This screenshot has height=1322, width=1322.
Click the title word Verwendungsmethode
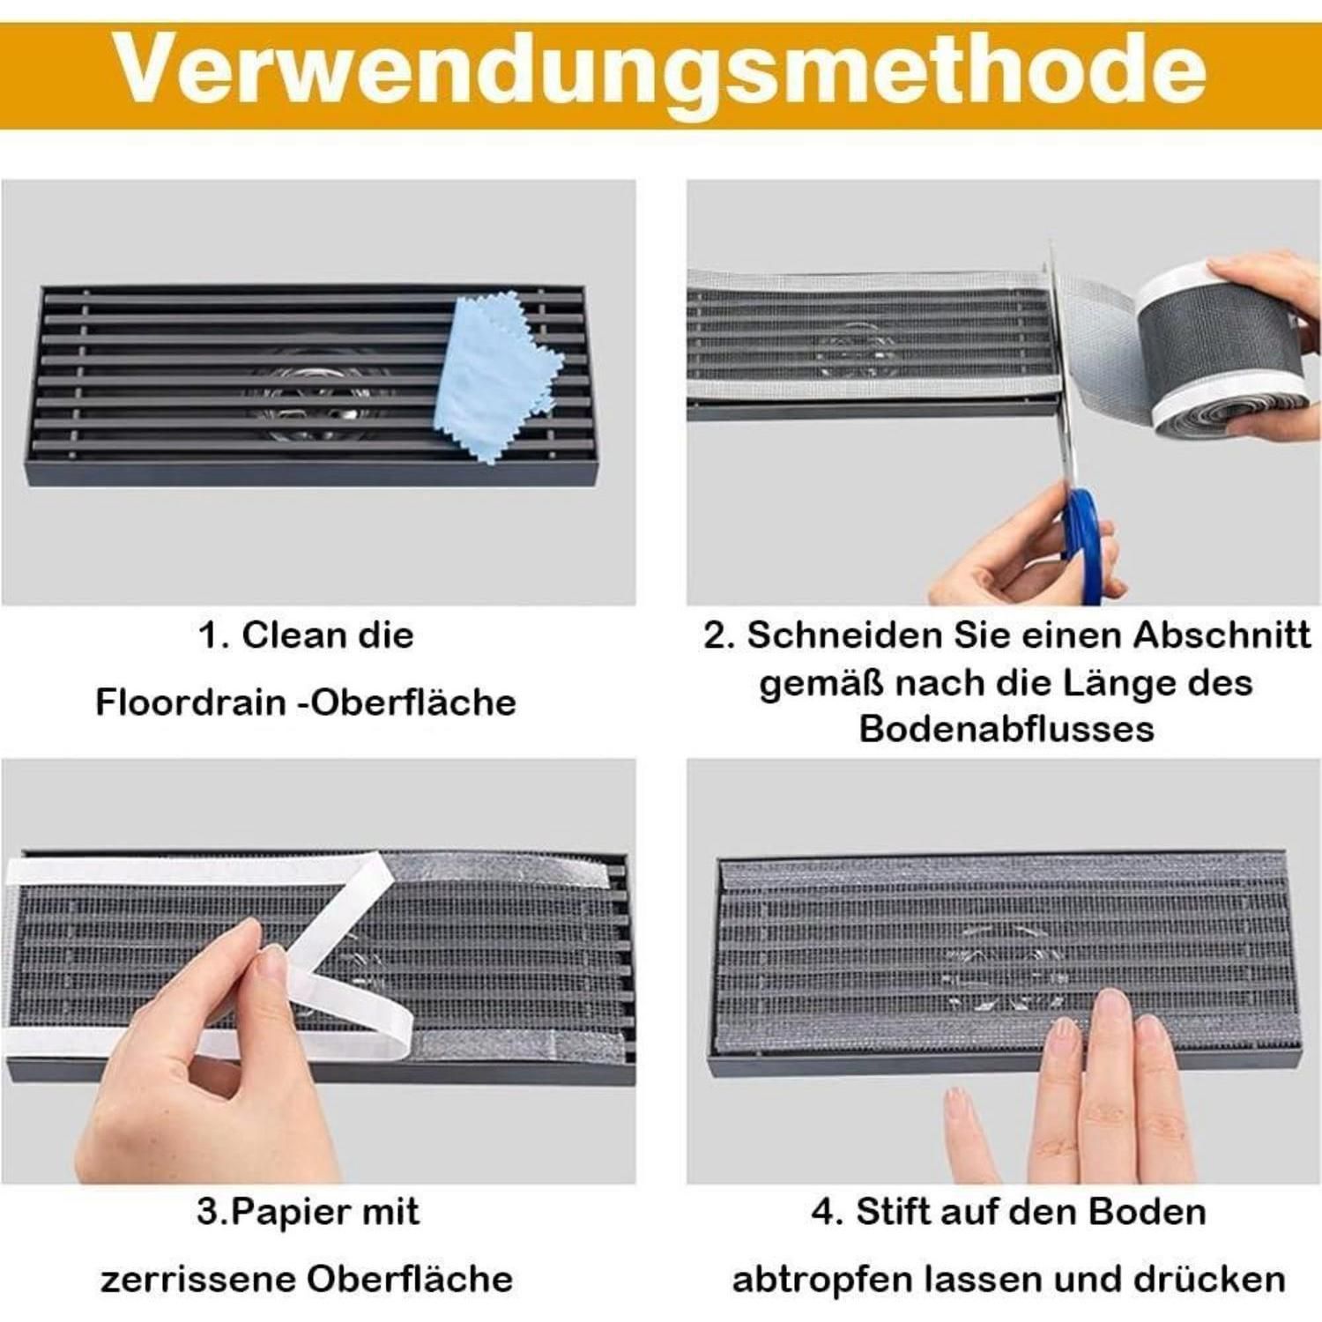pyautogui.click(x=661, y=70)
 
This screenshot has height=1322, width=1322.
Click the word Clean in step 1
pyautogui.click(x=283, y=635)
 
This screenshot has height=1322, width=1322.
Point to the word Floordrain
pyautogui.click(x=190, y=702)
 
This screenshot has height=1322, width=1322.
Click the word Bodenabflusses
pyautogui.click(x=1006, y=729)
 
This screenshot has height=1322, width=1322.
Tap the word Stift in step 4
pyautogui.click(x=889, y=1212)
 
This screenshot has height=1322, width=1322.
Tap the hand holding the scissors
pyautogui.click(x=1027, y=546)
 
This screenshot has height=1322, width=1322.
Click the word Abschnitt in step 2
pyautogui.click(x=1222, y=635)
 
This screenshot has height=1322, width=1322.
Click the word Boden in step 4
pyautogui.click(x=1147, y=1212)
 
